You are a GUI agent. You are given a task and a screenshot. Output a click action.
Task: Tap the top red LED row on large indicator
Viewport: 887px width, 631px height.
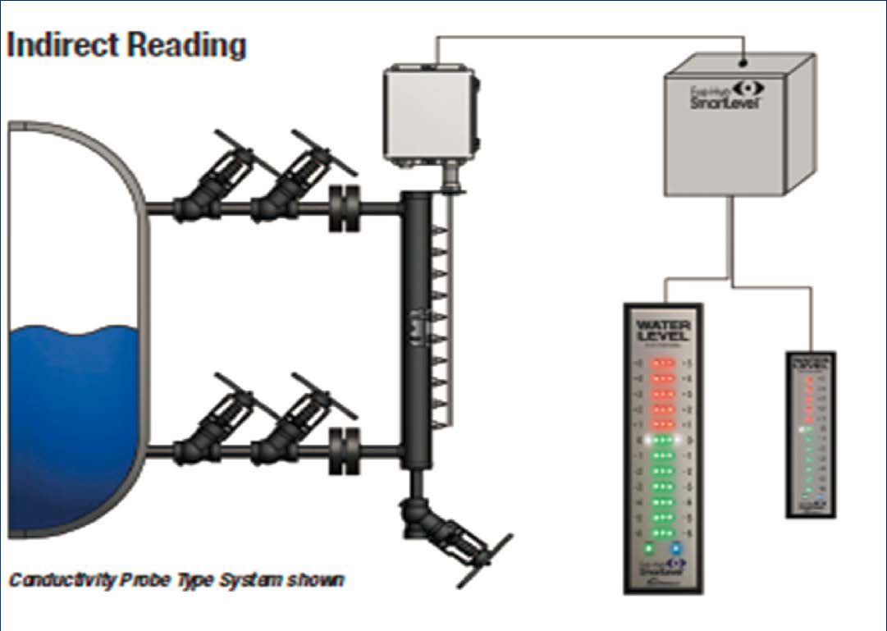(x=664, y=363)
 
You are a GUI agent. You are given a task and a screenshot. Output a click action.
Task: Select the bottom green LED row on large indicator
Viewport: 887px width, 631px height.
(x=664, y=532)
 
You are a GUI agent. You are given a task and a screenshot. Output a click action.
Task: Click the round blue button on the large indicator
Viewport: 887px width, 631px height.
(x=676, y=547)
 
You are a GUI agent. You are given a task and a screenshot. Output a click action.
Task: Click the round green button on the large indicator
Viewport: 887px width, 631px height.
(x=649, y=547)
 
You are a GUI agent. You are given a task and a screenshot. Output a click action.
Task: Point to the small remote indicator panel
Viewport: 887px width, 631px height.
(x=811, y=434)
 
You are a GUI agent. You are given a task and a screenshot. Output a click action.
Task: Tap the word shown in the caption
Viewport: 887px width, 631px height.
(x=316, y=580)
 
